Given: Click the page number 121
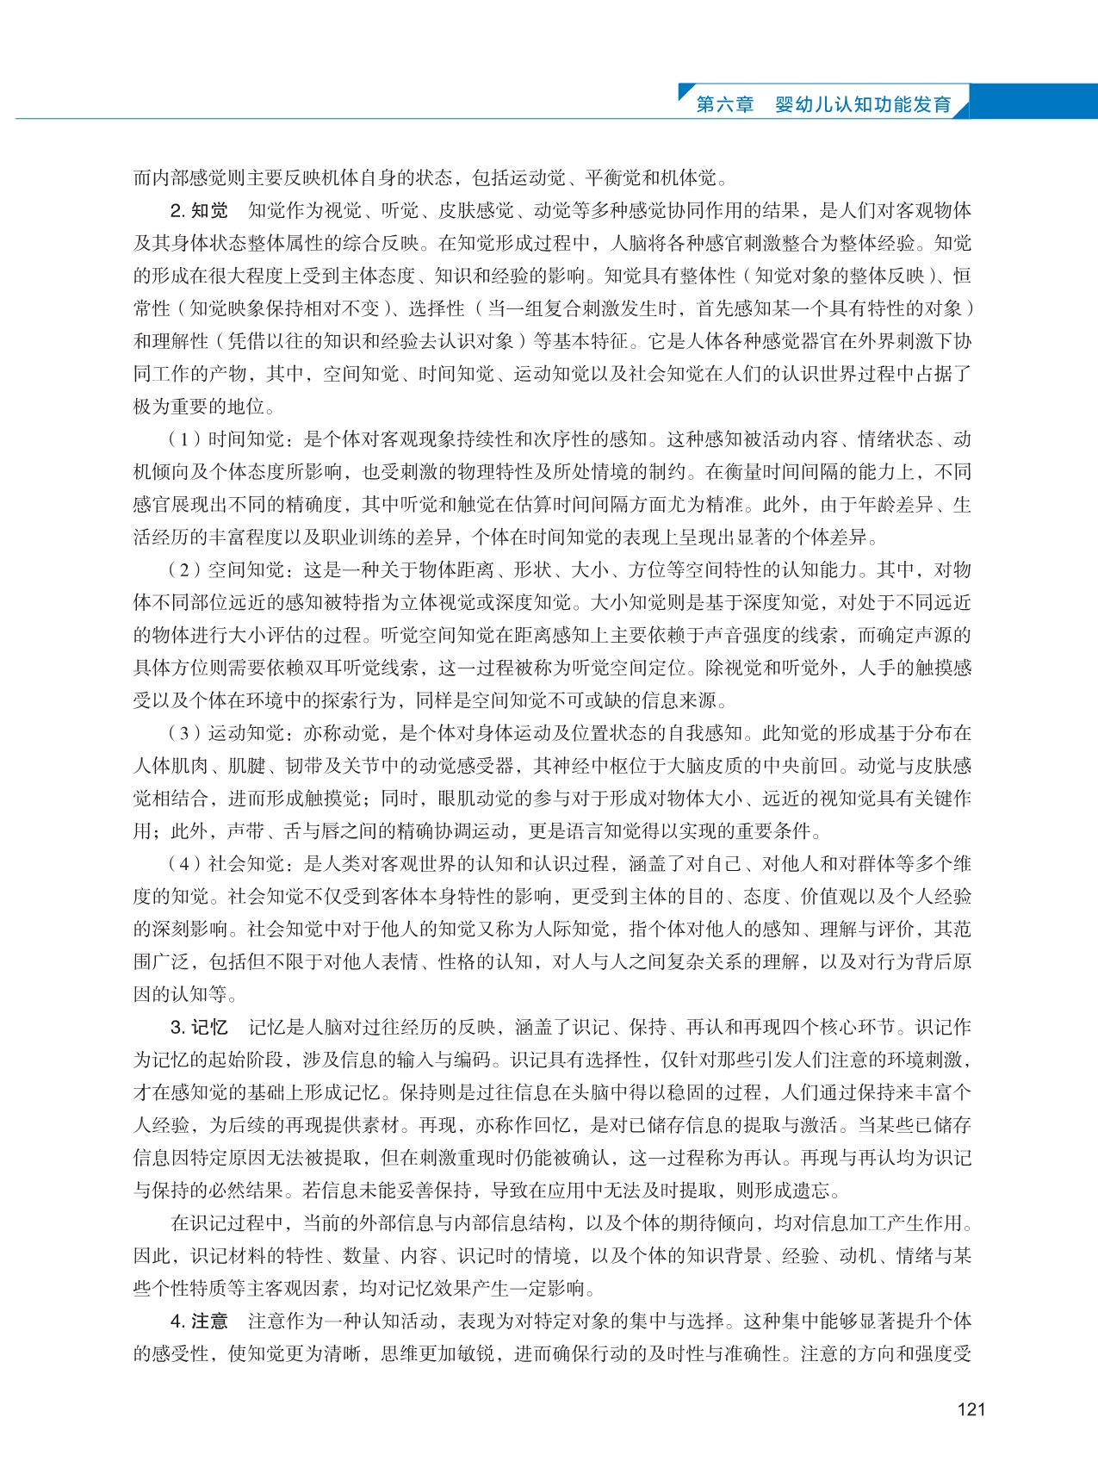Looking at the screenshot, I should coord(971,1409).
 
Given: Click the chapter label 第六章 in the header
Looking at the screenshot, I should coord(724,104).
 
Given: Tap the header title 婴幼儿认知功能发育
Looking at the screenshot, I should coord(863,104).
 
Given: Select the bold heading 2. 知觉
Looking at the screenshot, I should coord(199,211).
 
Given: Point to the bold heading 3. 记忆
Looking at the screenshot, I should coord(199,1028).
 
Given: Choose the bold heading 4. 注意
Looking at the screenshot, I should coord(199,1321).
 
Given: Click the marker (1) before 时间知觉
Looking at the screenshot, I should coord(184,439).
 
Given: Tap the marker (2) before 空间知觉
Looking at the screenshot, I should coord(184,570).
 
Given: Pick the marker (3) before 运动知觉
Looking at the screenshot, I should coord(184,734).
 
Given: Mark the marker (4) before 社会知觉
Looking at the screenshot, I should coord(184,864).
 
